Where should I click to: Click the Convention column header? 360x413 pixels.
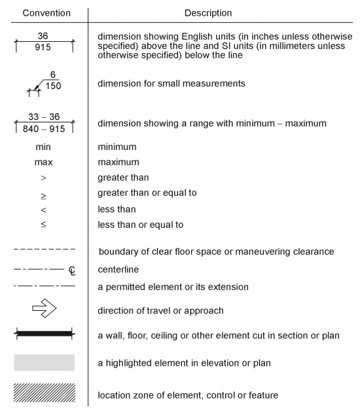pos(43,12)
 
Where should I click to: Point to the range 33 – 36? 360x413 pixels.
pos(43,117)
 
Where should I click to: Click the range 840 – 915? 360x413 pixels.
pos(43,129)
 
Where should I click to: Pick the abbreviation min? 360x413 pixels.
pos(43,147)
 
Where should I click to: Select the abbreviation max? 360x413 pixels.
pos(43,162)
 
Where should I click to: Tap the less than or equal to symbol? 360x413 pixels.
pos(44,225)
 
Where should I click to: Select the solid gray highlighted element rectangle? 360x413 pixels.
pos(44,363)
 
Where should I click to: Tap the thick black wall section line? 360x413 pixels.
pos(44,335)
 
